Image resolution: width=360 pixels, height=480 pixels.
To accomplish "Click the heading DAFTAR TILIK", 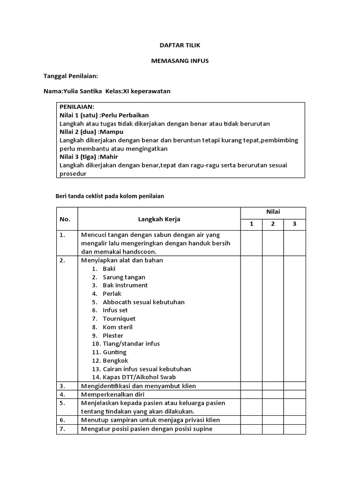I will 180,45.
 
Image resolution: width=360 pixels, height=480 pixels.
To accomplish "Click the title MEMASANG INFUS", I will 180,61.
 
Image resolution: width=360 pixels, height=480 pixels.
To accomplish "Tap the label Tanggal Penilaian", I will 70,76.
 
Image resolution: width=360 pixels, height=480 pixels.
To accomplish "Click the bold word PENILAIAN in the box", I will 77,107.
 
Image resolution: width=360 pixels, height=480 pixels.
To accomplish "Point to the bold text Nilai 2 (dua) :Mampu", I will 91,132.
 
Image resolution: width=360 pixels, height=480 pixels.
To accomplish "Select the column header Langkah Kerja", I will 159,219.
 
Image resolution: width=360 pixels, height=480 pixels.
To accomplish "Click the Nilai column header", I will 273,212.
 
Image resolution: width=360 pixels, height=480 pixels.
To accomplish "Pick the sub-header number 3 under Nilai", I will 294,224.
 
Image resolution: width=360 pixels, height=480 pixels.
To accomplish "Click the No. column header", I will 65,219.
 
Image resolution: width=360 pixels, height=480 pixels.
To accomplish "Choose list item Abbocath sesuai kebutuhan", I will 143,302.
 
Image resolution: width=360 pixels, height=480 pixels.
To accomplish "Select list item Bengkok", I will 114,360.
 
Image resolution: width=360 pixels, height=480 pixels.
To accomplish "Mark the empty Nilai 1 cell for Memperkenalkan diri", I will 251,394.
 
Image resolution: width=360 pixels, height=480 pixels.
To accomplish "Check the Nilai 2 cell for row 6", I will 273,420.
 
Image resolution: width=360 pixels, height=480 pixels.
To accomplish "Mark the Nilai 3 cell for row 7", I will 294,428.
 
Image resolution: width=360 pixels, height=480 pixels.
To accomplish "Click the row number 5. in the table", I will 62,403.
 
